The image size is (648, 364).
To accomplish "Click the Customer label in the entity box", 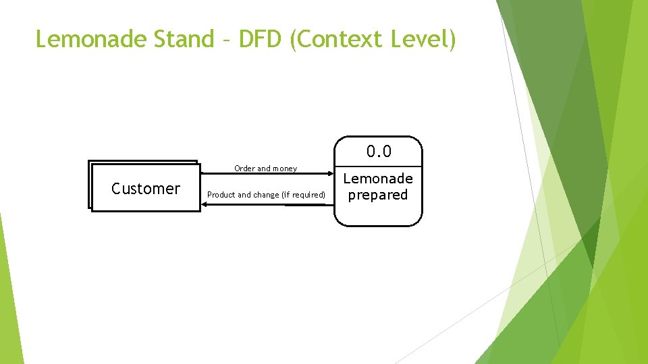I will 146,189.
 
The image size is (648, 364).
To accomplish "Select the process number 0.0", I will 379,152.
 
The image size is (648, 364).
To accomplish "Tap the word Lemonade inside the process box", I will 378,179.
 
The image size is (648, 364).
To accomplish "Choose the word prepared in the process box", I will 378,195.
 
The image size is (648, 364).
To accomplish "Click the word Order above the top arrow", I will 244,169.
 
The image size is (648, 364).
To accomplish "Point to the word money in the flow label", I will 284,169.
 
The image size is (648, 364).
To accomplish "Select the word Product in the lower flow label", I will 221,195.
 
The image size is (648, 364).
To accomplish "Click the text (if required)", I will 303,195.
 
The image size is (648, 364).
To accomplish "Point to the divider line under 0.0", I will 378,166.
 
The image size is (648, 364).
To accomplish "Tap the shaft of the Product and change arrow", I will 270,205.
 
